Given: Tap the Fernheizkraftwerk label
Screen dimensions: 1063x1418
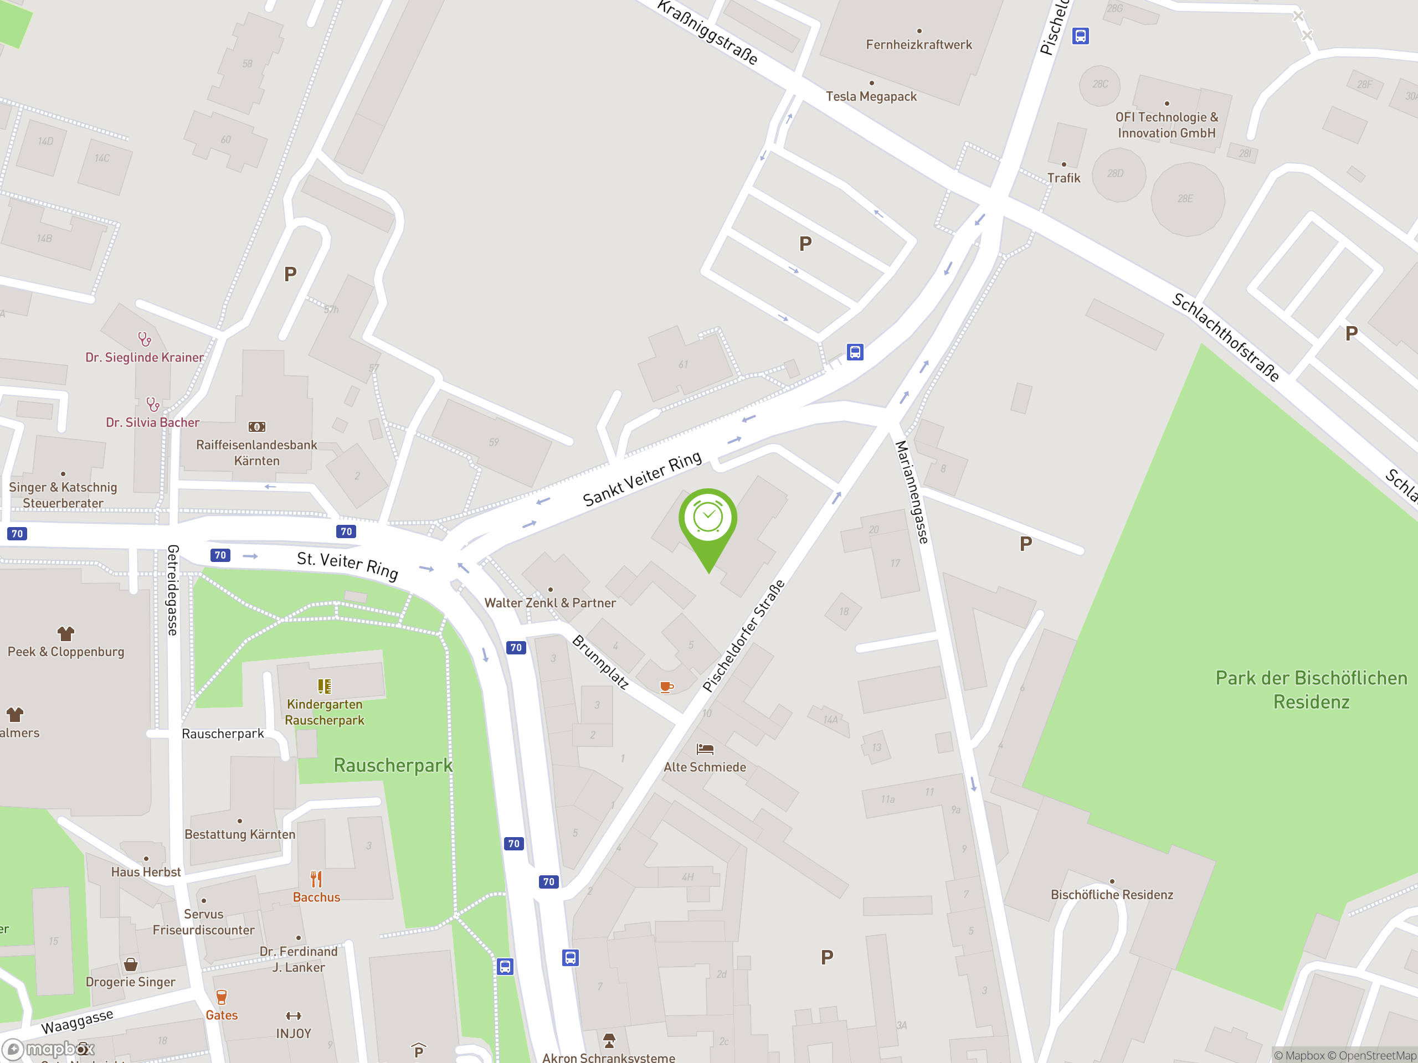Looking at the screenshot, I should pyautogui.click(x=918, y=45).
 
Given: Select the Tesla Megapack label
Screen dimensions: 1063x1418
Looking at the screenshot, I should pyautogui.click(x=871, y=97).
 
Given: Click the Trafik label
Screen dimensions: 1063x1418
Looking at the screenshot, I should pyautogui.click(x=1063, y=178).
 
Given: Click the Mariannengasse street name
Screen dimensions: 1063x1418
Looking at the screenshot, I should pyautogui.click(x=912, y=492).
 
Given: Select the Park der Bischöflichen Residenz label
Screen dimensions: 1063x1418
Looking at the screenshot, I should pyautogui.click(x=1311, y=689).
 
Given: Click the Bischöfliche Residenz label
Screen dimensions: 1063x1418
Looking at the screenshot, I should pyautogui.click(x=1112, y=895).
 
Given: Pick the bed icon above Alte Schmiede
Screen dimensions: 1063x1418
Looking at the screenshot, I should pyautogui.click(x=705, y=749).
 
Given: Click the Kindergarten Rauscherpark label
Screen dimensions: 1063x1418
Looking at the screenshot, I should pyautogui.click(x=325, y=712).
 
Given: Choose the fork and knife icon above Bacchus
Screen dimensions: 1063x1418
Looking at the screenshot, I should pyautogui.click(x=316, y=879).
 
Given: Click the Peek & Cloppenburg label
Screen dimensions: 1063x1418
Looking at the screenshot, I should pyautogui.click(x=66, y=652).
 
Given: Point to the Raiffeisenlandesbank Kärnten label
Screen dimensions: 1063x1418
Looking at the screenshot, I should pyautogui.click(x=256, y=452).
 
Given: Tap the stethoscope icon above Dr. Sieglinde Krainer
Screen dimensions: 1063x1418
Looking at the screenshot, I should pyautogui.click(x=145, y=339).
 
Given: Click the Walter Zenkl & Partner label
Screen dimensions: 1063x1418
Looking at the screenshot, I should pyautogui.click(x=550, y=603).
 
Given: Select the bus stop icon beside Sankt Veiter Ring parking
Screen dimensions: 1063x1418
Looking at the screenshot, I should pyautogui.click(x=855, y=352).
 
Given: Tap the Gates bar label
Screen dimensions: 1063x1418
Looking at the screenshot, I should pyautogui.click(x=222, y=1015).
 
